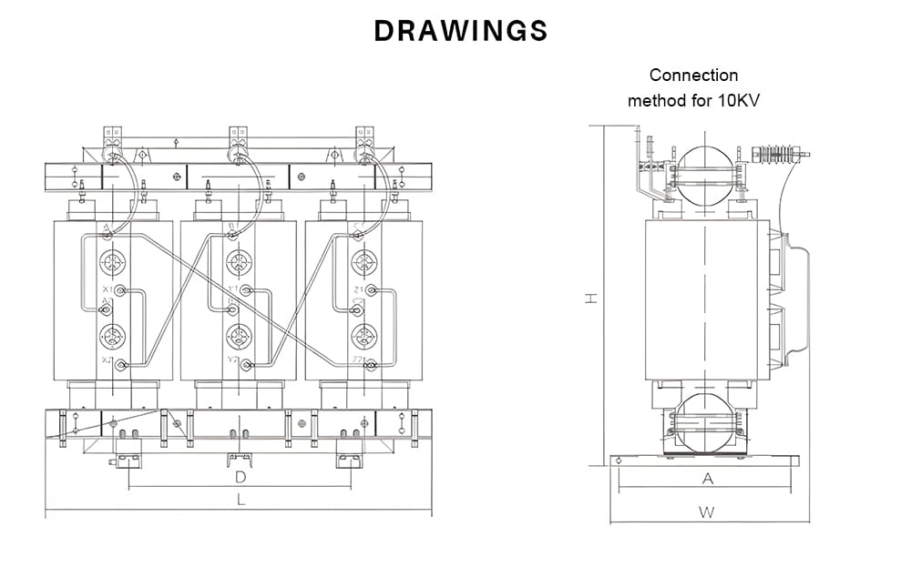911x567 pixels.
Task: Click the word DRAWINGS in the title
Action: [461, 31]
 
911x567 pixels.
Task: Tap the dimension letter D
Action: [241, 477]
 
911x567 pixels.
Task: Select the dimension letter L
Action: [241, 500]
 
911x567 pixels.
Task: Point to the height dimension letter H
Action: [591, 298]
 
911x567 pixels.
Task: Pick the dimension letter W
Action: [707, 511]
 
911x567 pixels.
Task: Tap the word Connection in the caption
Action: [693, 76]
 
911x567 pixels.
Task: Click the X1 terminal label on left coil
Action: [107, 289]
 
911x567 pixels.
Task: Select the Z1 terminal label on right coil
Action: [358, 289]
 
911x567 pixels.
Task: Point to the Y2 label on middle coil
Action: [233, 361]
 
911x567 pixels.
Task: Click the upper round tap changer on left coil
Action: [113, 264]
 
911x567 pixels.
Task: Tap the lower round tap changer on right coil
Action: [364, 337]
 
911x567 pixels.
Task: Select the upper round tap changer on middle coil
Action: [239, 264]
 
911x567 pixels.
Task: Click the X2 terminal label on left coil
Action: [107, 361]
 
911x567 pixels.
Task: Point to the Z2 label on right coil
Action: [358, 361]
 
